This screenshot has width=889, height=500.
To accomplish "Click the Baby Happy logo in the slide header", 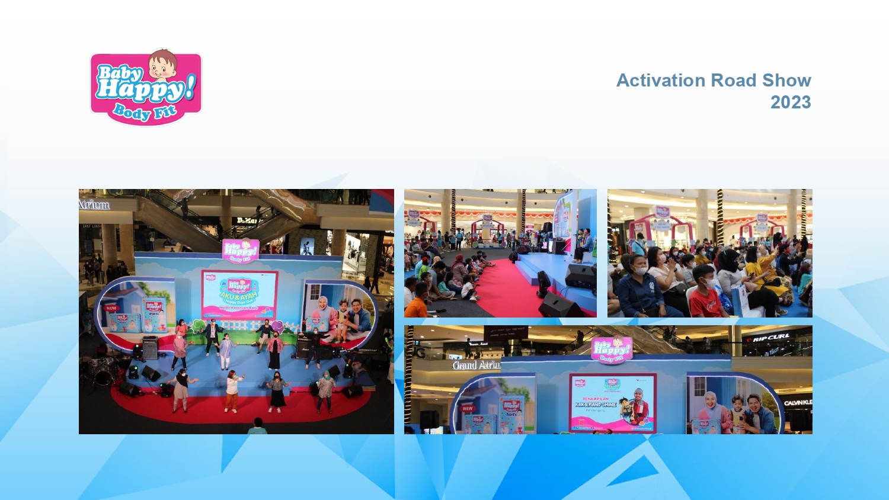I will click(146, 88).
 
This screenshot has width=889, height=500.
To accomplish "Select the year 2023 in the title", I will click(791, 102).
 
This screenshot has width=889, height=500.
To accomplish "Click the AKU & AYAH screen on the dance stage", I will click(239, 294).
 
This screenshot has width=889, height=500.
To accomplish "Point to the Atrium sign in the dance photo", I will click(94, 205).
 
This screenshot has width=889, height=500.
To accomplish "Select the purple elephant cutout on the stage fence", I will click(277, 326).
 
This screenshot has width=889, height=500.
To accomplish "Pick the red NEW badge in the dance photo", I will click(111, 308).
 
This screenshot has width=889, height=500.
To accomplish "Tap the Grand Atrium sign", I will click(476, 365).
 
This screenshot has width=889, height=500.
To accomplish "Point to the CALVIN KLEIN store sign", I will click(798, 403).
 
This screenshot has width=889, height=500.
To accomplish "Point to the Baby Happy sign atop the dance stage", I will click(240, 250).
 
